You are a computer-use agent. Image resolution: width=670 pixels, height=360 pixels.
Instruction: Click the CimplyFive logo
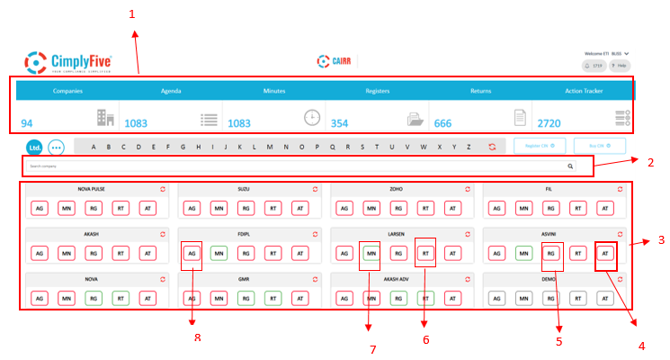62,62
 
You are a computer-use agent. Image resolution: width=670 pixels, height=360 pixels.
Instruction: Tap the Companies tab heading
67,91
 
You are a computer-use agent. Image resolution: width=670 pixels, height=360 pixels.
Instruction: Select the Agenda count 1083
136,123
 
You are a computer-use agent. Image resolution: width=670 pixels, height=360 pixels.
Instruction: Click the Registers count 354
340,123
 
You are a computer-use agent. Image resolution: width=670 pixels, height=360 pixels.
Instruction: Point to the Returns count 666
443,123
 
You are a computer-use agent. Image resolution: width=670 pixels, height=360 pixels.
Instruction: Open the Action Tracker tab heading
585,91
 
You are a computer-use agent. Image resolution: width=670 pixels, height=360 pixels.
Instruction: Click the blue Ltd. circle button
34,147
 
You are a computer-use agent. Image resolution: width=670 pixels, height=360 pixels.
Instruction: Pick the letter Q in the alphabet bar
333,147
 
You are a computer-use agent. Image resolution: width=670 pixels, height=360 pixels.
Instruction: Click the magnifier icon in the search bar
569,166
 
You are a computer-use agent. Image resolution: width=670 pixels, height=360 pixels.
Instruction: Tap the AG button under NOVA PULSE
40,208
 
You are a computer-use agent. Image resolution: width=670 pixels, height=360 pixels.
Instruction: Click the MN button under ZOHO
371,208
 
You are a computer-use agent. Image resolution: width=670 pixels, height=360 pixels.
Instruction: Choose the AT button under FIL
606,208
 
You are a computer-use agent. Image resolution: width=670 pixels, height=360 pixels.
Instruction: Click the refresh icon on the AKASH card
162,233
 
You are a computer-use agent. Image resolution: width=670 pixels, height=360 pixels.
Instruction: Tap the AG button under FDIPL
192,253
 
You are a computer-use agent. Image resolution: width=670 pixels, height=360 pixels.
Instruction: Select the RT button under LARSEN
426,253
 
